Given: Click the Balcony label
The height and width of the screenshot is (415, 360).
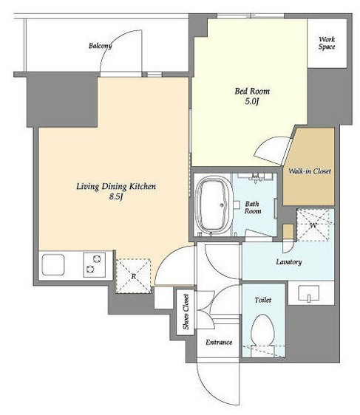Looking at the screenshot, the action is pos(100,46).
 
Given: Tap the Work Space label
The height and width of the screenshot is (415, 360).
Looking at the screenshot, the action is pos(327,43).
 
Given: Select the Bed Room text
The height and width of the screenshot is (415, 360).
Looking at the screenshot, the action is pos(252,92).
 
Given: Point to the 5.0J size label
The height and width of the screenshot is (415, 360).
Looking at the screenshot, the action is pos(251,101).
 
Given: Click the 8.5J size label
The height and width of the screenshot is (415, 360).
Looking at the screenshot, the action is pos(116,197).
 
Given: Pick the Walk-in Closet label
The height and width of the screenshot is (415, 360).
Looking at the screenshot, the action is pos(310,171).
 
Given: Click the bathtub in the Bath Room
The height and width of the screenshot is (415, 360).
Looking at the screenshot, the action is pos(214,205).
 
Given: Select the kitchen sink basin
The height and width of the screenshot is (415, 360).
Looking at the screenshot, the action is pos(53,264).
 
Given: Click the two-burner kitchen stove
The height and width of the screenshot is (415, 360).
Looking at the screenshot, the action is pos(95,265).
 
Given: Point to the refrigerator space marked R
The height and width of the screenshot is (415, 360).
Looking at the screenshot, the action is pos(133,275).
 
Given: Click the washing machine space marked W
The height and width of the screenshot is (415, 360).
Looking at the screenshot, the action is pos(313,225).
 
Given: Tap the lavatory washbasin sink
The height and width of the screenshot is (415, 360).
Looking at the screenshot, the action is pos(309,293).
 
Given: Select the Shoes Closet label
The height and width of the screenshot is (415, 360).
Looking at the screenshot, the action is pos(186,312).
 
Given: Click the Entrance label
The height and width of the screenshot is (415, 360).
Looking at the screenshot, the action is pos(219,342).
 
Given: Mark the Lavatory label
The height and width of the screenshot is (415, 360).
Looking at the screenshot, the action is pos(289,261).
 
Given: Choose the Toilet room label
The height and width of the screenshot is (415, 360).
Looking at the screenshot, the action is pos(262,300).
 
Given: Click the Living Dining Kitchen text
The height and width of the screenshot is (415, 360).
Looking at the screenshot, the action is pos(116,186).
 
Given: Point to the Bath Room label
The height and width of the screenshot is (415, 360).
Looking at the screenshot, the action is pos(253,207).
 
